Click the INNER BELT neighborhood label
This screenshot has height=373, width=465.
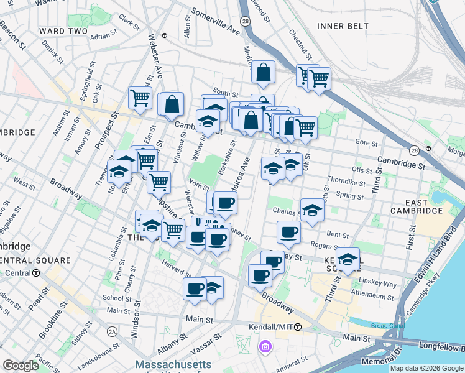tap(343, 25)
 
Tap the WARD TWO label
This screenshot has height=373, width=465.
tap(63, 30)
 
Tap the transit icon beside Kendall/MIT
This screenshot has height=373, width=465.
tap(298, 327)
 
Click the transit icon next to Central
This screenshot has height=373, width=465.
tap(37, 273)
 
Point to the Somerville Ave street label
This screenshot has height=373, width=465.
tap(215, 21)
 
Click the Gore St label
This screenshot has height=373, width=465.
tap(363, 142)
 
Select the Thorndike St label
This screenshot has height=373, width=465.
tap(349, 183)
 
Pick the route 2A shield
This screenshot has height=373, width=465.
tap(112, 331)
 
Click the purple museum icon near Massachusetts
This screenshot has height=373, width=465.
tap(265, 346)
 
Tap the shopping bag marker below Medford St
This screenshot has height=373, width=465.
tap(263, 72)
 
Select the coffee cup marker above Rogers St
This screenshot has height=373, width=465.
tap(288, 233)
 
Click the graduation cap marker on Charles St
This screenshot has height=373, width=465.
tap(312, 210)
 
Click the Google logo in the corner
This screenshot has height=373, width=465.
tap(21, 366)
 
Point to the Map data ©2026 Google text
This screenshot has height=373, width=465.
tap(426, 368)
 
